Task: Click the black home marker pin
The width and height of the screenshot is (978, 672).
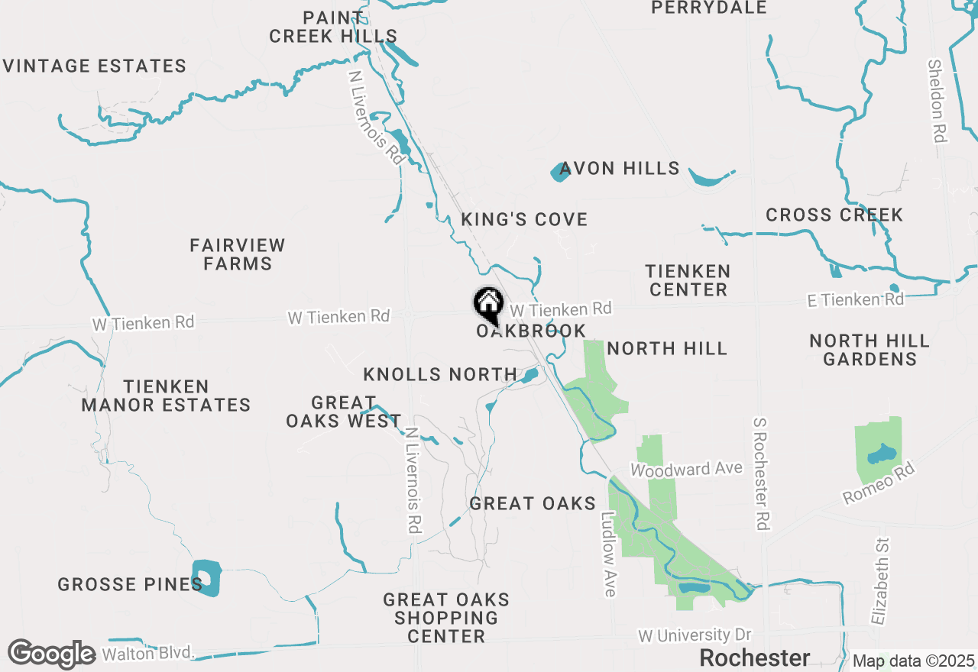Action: pyautogui.click(x=489, y=305)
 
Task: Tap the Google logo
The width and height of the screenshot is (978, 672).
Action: pyautogui.click(x=51, y=654)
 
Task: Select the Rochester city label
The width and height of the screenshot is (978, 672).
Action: pyautogui.click(x=754, y=657)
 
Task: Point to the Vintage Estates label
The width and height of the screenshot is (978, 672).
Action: pyautogui.click(x=95, y=66)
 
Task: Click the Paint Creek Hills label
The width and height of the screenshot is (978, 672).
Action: pyautogui.click(x=333, y=27)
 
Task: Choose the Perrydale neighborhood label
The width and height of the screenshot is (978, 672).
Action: pyautogui.click(x=709, y=8)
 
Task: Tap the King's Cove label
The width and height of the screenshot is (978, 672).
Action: pyautogui.click(x=524, y=220)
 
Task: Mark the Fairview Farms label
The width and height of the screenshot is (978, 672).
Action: pyautogui.click(x=238, y=255)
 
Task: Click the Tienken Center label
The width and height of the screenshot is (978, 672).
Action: pyautogui.click(x=688, y=280)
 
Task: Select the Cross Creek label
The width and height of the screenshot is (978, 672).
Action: pyautogui.click(x=834, y=215)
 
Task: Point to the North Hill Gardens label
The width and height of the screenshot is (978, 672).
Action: pyautogui.click(x=870, y=350)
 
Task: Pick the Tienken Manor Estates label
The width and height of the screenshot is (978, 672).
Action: pyautogui.click(x=166, y=396)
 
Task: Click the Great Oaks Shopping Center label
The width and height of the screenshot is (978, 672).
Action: pyautogui.click(x=446, y=618)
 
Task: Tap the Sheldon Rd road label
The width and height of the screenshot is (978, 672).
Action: pyautogui.click(x=937, y=101)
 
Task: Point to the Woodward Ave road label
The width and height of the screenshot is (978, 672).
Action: pyautogui.click(x=686, y=469)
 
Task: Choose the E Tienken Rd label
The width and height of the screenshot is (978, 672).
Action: pyautogui.click(x=856, y=300)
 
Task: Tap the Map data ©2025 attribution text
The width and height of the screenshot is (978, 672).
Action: pyautogui.click(x=914, y=661)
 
